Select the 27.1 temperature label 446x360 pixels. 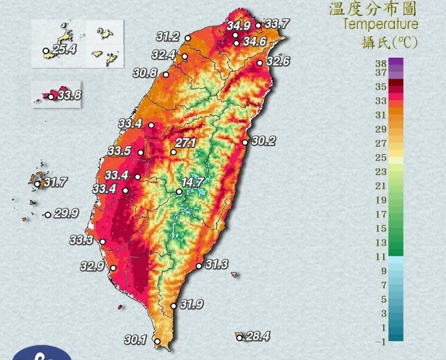click(x=185, y=143)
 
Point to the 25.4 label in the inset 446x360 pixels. click(x=64, y=50)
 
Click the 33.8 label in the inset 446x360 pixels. click(x=69, y=95)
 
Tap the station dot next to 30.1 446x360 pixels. click(x=158, y=342)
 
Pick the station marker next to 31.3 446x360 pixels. click(x=199, y=266)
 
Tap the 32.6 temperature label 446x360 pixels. click(x=278, y=62)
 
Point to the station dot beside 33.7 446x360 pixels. click(x=258, y=25)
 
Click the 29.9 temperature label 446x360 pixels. click(x=66, y=214)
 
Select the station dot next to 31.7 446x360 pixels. click(x=37, y=184)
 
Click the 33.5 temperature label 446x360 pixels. click(x=119, y=151)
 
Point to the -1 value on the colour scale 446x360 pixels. click(x=380, y=342)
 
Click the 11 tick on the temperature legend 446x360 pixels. click(x=381, y=257)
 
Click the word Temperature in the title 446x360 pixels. click(x=381, y=24)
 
